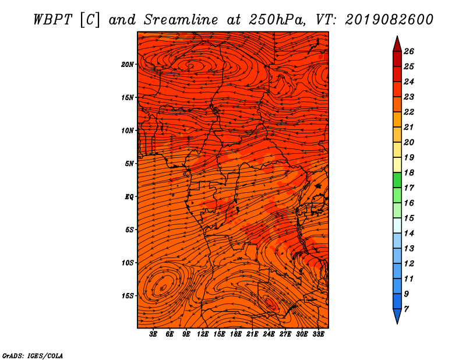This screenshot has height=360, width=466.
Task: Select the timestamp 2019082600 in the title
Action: click(x=389, y=19)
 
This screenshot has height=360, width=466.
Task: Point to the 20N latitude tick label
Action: click(x=128, y=64)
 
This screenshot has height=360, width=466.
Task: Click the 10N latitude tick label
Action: click(x=128, y=130)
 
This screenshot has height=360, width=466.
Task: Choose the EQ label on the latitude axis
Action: click(x=129, y=196)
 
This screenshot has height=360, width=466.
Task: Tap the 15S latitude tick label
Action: click(x=128, y=296)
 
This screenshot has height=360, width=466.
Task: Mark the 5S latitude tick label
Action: click(x=129, y=230)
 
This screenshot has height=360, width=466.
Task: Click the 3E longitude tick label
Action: click(x=154, y=334)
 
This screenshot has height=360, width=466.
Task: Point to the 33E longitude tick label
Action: click(x=319, y=334)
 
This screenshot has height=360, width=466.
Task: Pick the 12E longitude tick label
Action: click(x=203, y=334)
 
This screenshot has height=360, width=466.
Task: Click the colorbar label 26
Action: click(x=416, y=51)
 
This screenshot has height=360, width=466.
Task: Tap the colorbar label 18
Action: click(x=416, y=172)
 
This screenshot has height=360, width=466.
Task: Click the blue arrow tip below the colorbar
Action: click(x=397, y=317)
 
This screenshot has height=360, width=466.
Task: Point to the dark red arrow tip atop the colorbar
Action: click(x=397, y=43)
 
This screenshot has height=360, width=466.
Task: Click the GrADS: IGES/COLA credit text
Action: click(x=32, y=355)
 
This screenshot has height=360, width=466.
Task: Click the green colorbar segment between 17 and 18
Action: click(x=397, y=180)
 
